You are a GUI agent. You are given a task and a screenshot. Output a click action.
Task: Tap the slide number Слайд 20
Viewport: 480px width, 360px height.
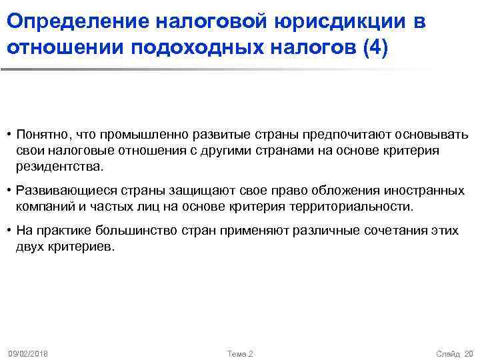click(x=454, y=352)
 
